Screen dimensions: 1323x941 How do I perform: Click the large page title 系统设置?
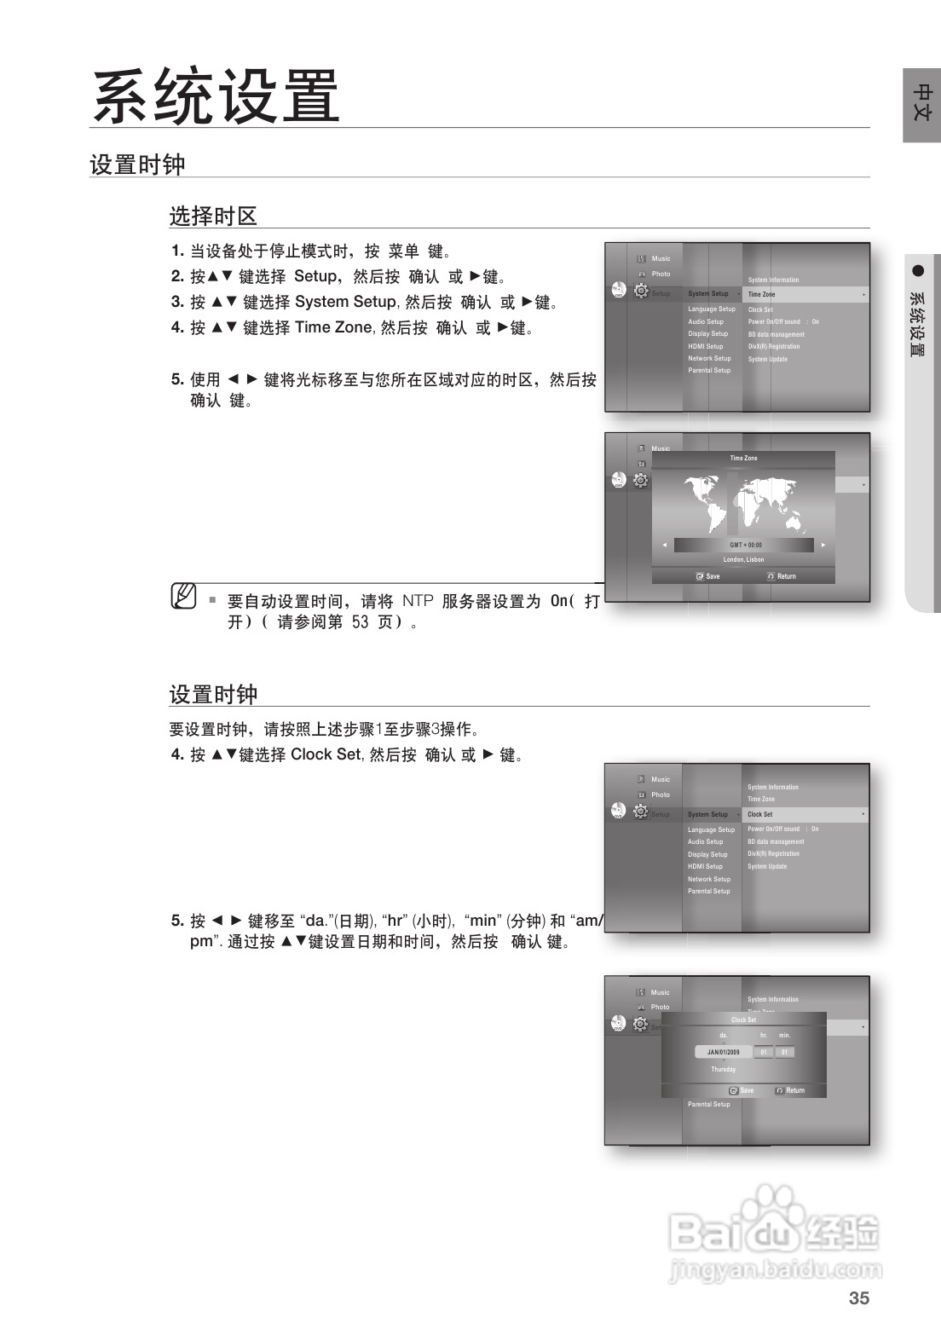click(x=216, y=96)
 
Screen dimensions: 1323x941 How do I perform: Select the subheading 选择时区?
click(x=213, y=216)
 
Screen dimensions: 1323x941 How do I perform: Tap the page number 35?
click(x=859, y=1298)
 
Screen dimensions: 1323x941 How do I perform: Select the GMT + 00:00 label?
click(x=745, y=545)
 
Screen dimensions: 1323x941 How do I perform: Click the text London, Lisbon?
click(x=743, y=560)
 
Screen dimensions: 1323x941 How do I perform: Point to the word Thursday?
click(x=723, y=1069)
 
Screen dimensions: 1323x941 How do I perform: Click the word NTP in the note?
click(x=418, y=601)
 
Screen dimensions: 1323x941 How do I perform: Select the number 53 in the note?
click(x=360, y=622)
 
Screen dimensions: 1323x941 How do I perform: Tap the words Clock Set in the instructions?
click(x=326, y=754)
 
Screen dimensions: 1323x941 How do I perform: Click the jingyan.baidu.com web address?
click(x=776, y=1270)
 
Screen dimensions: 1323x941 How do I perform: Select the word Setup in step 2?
click(x=315, y=276)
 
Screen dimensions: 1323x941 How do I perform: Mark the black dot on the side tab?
click(x=918, y=271)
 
